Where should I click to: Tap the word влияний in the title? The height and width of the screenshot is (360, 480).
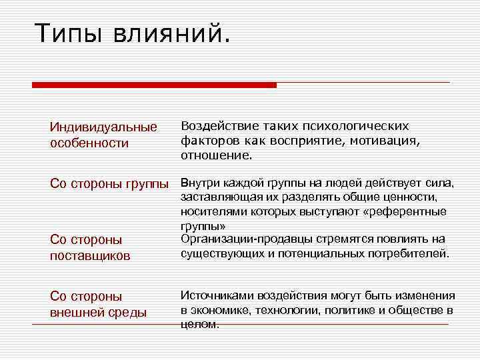[175, 33]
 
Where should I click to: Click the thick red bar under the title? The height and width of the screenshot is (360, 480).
[154, 85]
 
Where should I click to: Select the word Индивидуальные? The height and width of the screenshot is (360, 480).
[103, 127]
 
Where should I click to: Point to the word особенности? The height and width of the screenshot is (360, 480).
[89, 143]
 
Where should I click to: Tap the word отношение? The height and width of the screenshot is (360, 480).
[217, 155]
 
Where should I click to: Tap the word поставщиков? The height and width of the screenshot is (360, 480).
[90, 255]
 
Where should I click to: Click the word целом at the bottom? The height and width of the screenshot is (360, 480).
[199, 325]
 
